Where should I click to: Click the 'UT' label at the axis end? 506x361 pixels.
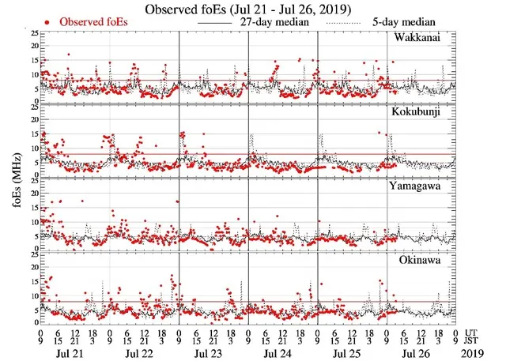tap(472, 332)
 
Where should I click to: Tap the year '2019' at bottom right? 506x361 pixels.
tap(474, 352)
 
